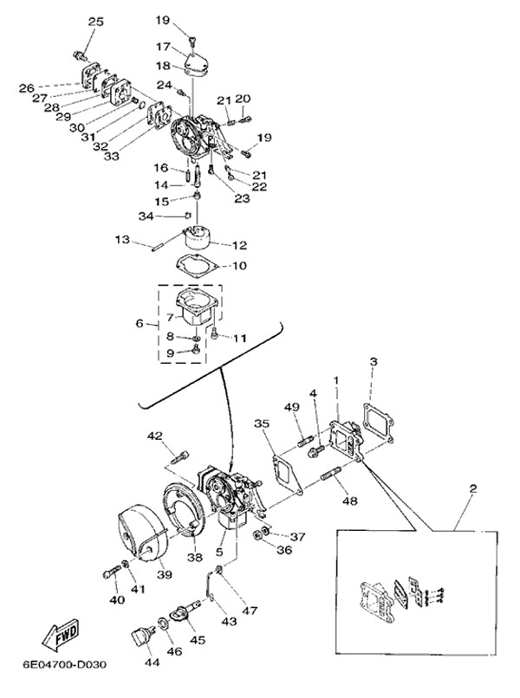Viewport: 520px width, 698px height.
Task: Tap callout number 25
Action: pyautogui.click(x=94, y=21)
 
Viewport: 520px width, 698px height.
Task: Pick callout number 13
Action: pyautogui.click(x=121, y=239)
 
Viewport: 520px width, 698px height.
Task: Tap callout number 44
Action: pyautogui.click(x=153, y=662)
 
